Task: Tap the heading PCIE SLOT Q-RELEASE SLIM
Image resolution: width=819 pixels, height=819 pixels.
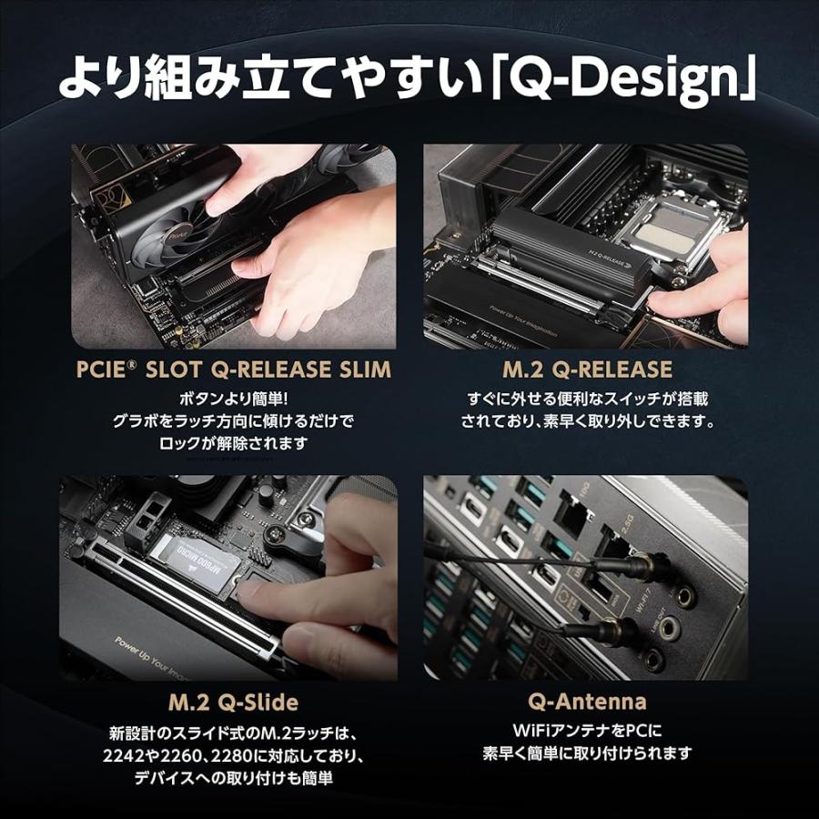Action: (x=234, y=369)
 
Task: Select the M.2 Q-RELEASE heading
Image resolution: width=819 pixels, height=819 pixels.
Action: (x=587, y=369)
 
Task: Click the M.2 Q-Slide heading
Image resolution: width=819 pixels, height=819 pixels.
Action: (x=233, y=703)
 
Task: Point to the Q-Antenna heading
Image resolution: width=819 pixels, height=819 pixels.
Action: (x=587, y=702)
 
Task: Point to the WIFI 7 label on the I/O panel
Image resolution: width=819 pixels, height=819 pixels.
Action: (x=642, y=602)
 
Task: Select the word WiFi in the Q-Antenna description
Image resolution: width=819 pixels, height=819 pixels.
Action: (x=531, y=730)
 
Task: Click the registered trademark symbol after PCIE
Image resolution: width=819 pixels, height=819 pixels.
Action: (x=132, y=363)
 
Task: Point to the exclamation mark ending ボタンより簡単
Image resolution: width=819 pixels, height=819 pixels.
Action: (x=284, y=399)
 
